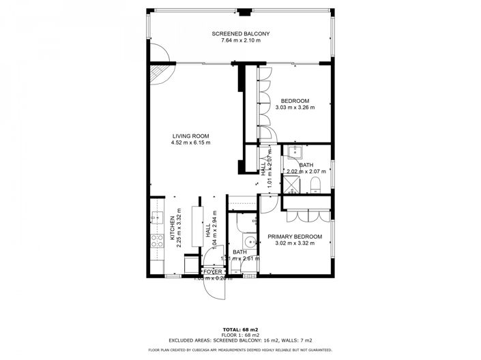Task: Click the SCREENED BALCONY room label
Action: (240, 33)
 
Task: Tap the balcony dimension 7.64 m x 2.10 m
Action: (240, 41)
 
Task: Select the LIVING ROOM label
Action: (190, 135)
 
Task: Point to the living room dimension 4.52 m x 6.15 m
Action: (190, 142)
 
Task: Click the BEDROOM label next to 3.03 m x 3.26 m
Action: (295, 101)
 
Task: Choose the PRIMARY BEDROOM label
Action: (295, 237)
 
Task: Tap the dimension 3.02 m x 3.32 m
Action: (295, 244)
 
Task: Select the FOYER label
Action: (213, 271)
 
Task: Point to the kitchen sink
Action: (155, 220)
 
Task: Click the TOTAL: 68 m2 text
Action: (240, 329)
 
